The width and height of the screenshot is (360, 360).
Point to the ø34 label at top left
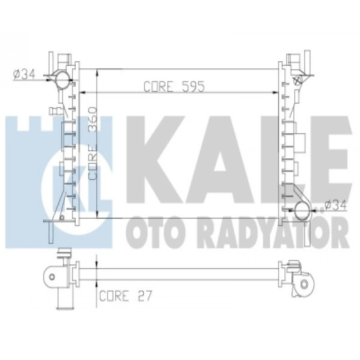click(24, 74)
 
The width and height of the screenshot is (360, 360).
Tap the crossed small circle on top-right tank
click(298, 80)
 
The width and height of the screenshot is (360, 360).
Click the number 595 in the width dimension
click(192, 86)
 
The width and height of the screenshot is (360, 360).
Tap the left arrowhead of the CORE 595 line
click(82, 92)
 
